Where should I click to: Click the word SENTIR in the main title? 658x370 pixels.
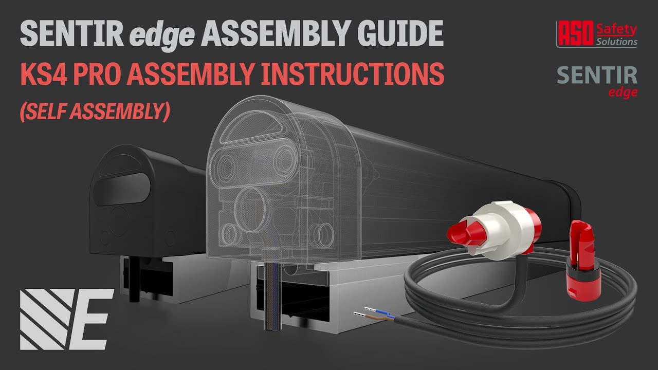71,34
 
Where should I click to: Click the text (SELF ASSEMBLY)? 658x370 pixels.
95,110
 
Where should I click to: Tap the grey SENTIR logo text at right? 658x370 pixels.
597,76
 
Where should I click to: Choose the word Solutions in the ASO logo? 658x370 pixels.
616,42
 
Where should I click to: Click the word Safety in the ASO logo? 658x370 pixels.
616,30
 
